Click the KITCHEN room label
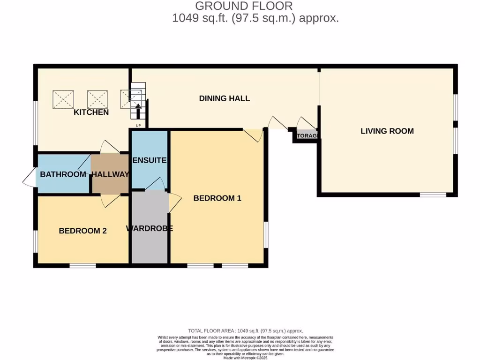(91, 112)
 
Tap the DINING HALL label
(224, 98)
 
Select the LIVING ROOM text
(387, 131)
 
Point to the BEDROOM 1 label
(217, 198)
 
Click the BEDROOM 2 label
(82, 231)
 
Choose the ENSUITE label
(150, 160)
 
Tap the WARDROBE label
(150, 229)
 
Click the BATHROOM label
(63, 174)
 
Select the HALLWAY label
(110, 174)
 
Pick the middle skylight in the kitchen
(97, 99)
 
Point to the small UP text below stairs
(138, 126)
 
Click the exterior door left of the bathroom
(29, 178)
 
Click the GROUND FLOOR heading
(243, 6)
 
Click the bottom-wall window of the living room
(432, 195)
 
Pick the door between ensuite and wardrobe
(156, 184)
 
